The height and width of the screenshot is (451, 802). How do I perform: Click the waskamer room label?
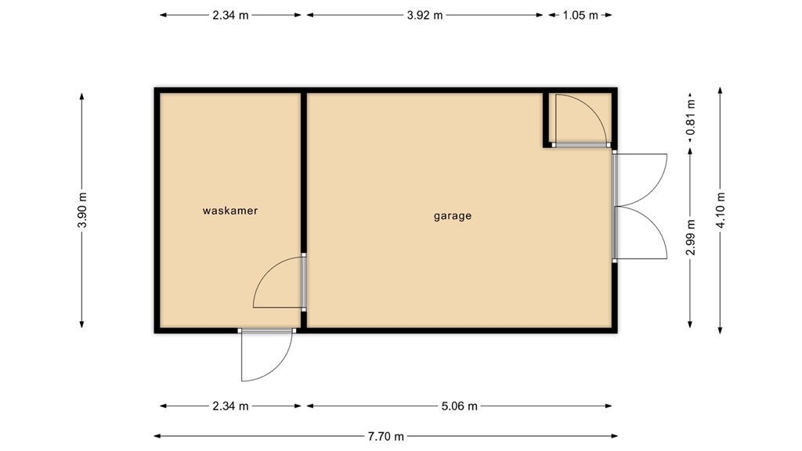(x=230, y=211)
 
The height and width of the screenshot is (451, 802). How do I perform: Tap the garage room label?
(x=453, y=216)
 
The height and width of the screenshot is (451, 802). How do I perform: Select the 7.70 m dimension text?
(x=388, y=436)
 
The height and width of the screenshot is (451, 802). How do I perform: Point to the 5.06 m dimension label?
(x=459, y=406)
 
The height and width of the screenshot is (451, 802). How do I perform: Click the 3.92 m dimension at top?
(x=424, y=15)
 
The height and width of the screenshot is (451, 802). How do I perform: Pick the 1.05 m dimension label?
(x=580, y=15)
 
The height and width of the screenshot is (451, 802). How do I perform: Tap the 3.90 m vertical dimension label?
(x=82, y=211)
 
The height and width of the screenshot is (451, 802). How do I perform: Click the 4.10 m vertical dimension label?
(x=721, y=211)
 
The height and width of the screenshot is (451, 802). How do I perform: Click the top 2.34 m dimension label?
(x=230, y=15)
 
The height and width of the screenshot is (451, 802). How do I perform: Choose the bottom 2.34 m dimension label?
(x=230, y=406)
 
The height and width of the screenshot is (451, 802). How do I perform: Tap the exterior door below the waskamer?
(x=266, y=354)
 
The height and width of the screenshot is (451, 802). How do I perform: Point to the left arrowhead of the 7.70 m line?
(x=157, y=436)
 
